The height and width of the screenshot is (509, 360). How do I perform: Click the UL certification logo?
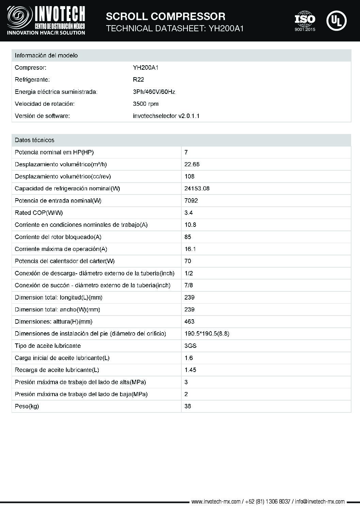coord(336,21)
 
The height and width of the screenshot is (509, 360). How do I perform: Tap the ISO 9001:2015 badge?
coord(305,21)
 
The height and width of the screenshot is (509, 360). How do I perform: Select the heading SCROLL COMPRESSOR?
coord(166,16)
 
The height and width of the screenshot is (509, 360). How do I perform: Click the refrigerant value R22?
coord(138,80)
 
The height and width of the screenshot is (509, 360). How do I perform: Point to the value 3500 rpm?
coord(146,104)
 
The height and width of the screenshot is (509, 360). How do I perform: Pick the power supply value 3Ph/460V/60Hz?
coord(154,92)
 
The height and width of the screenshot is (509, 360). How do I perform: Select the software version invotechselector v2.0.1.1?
coord(166,116)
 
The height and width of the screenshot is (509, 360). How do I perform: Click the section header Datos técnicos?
coord(34,140)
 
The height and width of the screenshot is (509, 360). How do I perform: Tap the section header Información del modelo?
coord(46,55)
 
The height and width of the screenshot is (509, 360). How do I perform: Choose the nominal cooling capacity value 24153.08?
coord(197,188)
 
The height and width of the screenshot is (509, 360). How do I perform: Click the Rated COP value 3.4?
coord(189,213)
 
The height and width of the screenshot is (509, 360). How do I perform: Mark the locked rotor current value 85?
coord(188,237)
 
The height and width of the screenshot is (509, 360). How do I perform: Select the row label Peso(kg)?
coord(27,406)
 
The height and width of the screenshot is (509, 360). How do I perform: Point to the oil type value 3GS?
coord(191,346)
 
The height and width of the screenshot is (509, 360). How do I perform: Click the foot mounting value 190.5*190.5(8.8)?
coord(207,334)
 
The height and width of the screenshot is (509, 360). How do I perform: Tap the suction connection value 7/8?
coord(189,285)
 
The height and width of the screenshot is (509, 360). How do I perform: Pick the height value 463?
coord(190,322)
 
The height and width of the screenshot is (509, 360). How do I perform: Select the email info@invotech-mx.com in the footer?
coord(320,502)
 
